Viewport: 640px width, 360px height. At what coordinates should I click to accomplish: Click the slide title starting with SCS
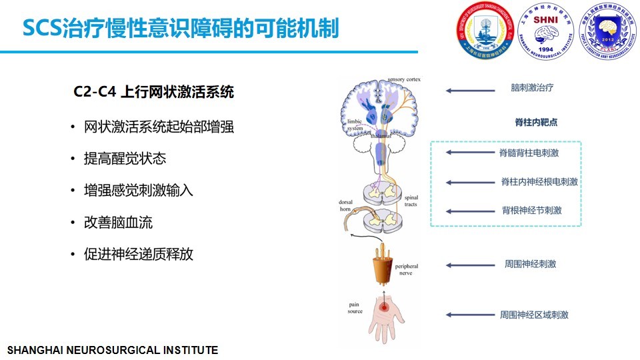coord(180,29)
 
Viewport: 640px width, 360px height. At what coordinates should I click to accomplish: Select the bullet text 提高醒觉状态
coord(125,159)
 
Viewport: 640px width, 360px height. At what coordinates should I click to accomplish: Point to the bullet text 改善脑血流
coord(118,222)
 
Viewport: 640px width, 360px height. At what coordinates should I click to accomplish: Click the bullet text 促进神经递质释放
coord(139,254)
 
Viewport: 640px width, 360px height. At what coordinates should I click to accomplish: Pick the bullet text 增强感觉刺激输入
coord(139,191)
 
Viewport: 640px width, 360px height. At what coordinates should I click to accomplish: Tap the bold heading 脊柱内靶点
coord(536,123)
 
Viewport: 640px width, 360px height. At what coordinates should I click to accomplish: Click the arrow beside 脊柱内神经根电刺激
coord(467,182)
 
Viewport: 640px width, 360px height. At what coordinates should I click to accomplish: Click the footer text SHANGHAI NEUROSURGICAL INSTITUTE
coord(112,350)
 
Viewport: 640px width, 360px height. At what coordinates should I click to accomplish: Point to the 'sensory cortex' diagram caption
coord(405,79)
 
